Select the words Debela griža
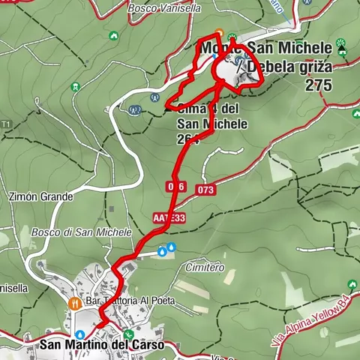(x=288, y=66)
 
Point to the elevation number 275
(x=318, y=85)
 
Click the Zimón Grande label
(x=41, y=197)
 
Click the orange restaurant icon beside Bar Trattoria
(x=73, y=304)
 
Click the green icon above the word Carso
(x=128, y=334)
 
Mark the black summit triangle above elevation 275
(x=342, y=49)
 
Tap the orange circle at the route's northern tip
(x=219, y=33)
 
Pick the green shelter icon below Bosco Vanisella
(x=112, y=34)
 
